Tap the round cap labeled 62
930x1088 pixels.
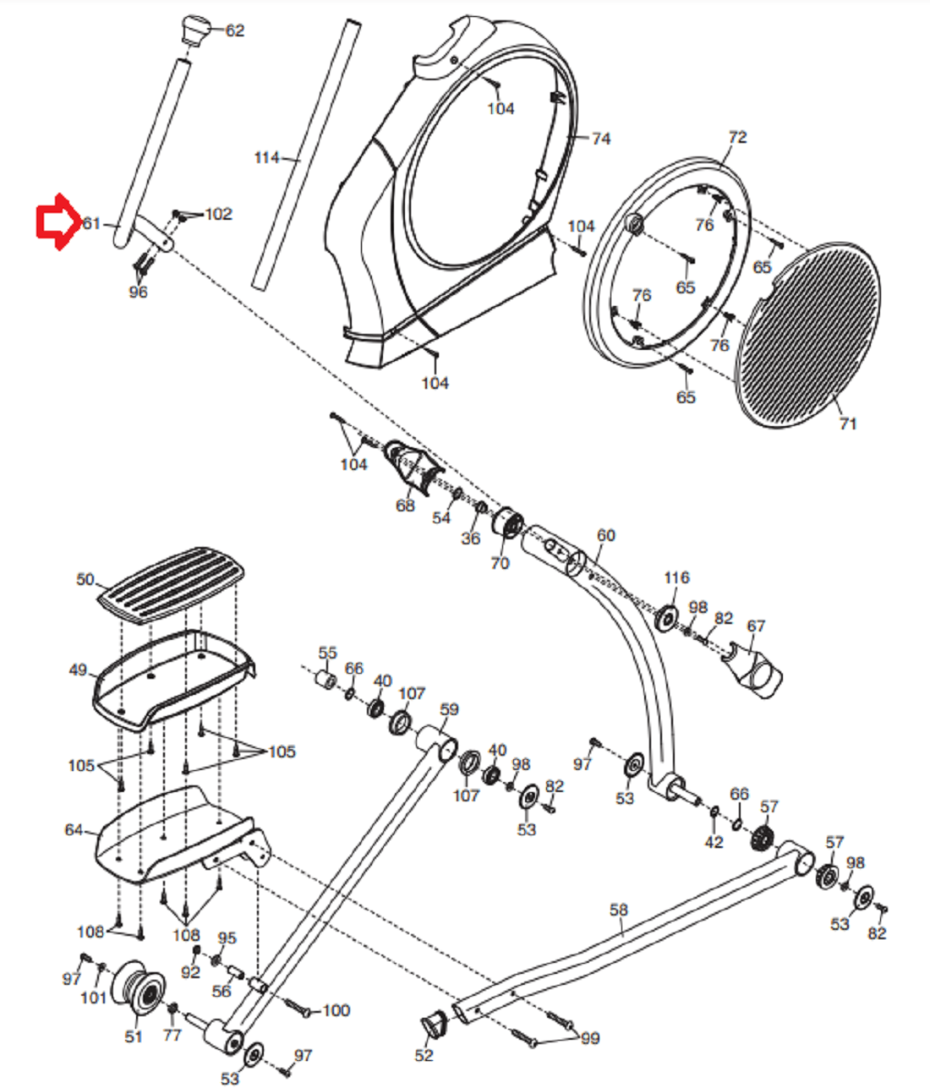196,30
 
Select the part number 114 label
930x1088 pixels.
266,157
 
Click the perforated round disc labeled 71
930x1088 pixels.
807,335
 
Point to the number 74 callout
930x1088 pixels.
601,139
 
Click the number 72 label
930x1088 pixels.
737,138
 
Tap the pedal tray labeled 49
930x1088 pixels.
172,679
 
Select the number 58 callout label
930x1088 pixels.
619,910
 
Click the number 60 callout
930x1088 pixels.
606,535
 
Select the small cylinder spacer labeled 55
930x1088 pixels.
325,679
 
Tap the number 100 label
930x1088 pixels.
336,1010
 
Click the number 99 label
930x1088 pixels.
590,1038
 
